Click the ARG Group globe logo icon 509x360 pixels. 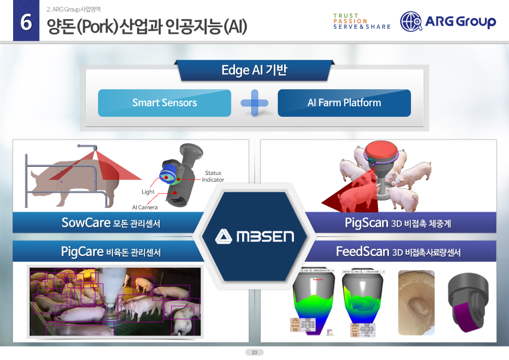(411, 22)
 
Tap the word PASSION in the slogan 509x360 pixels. (350, 21)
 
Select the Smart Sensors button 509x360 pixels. (165, 103)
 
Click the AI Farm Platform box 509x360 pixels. (344, 103)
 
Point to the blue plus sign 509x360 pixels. (255, 103)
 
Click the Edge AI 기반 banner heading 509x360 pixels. (254, 70)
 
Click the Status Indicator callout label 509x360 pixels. (213, 176)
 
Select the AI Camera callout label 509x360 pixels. (145, 207)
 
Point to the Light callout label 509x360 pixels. (148, 192)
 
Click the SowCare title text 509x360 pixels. (86, 222)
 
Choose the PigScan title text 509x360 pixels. (367, 223)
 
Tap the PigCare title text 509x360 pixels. (82, 252)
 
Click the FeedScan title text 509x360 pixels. (363, 252)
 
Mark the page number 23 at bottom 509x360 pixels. (255, 352)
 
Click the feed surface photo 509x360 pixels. (416, 302)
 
